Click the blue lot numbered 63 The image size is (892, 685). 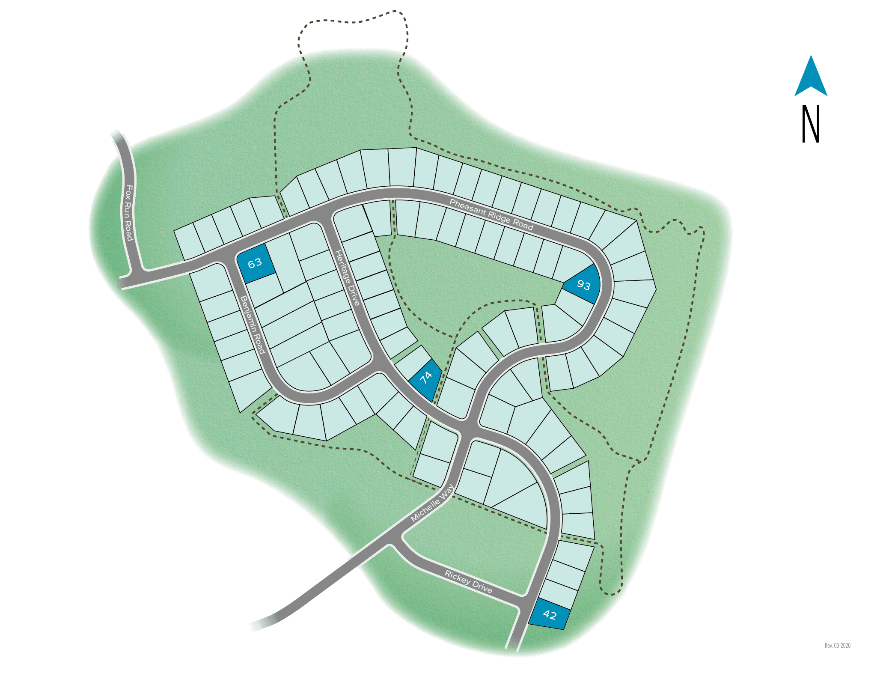[256, 263]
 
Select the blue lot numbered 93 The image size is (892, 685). [583, 284]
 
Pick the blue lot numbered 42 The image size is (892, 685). [550, 614]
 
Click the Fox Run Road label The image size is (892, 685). [128, 212]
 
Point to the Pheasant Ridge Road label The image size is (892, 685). [491, 214]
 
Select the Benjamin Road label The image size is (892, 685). [253, 325]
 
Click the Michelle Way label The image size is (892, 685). [432, 503]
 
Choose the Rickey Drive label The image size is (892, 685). [468, 581]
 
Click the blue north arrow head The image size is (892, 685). [811, 77]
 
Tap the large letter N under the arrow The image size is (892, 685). [810, 124]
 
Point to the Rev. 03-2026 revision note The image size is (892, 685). [837, 645]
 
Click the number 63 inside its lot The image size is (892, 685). [255, 262]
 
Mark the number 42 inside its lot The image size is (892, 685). [550, 615]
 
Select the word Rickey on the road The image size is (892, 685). [458, 577]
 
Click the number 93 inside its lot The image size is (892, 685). [584, 285]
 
